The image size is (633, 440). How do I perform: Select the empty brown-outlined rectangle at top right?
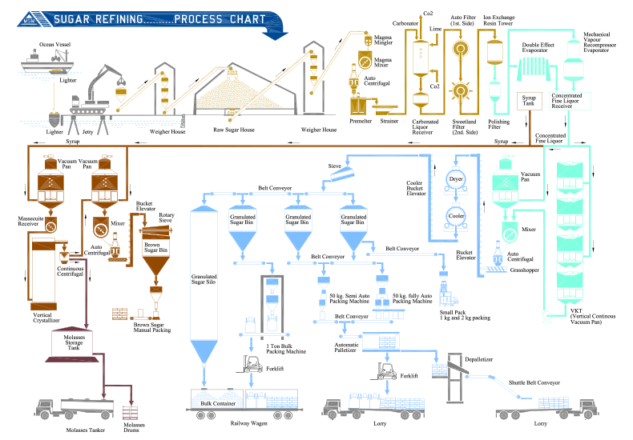pyautogui.click(x=530, y=101)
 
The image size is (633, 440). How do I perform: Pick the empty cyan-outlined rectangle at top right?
pyautogui.click(x=569, y=101)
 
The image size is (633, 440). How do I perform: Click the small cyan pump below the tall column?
pyautogui.click(x=549, y=316)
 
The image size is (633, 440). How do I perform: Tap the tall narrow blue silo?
pyautogui.click(x=204, y=280)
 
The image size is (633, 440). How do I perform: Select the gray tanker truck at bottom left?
pyautogui.click(x=71, y=409)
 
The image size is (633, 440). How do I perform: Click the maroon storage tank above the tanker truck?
pyautogui.click(x=74, y=343)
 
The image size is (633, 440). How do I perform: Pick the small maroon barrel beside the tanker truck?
pyautogui.click(x=130, y=411)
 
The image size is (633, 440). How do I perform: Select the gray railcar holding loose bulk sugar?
pyautogui.click(x=216, y=400)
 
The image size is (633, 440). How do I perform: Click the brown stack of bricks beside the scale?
pyautogui.click(x=119, y=313)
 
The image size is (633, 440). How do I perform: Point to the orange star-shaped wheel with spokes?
pyautogui.click(x=460, y=90)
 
